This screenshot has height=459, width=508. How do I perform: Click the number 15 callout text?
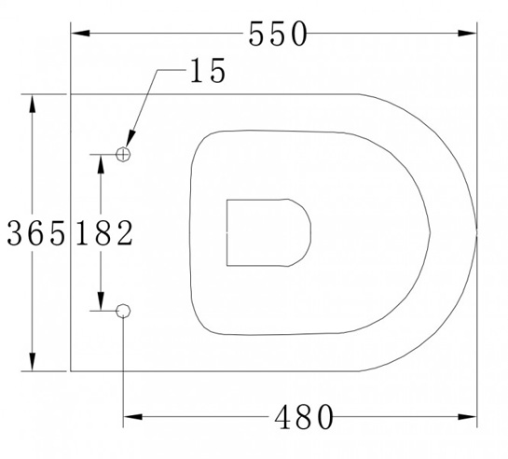206,72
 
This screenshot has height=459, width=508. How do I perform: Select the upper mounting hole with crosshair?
124,153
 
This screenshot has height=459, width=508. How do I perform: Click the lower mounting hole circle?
124,310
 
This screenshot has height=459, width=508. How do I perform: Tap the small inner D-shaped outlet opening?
266,231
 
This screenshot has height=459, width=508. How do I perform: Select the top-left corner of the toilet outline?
72,94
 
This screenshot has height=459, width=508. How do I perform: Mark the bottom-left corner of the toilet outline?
72,370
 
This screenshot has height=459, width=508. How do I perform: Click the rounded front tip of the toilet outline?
476,232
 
